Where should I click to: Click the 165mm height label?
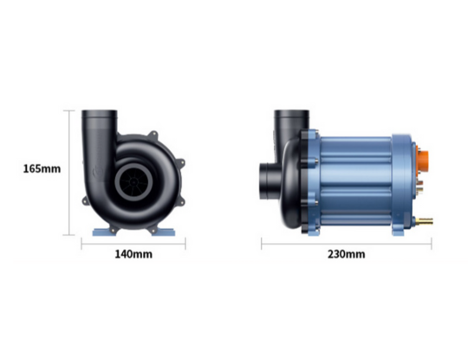(x=42, y=168)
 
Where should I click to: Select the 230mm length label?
(x=346, y=254)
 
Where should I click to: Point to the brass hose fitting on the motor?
(x=426, y=222)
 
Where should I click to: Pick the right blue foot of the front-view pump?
(x=170, y=231)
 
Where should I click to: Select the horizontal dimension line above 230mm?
(x=346, y=243)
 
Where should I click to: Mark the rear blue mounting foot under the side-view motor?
(x=394, y=230)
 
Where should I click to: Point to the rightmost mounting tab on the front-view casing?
(x=185, y=164)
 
